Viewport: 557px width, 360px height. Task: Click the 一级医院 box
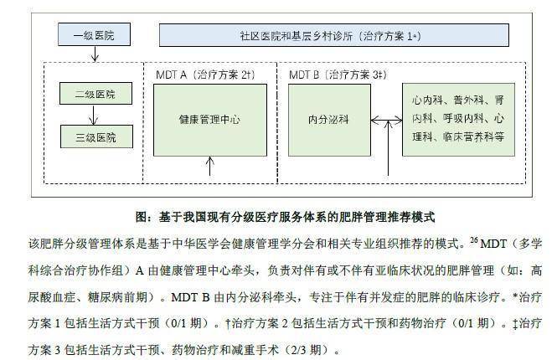[x=94, y=34]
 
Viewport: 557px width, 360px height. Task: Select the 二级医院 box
[x=95, y=94]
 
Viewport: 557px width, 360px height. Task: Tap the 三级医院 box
[x=96, y=136]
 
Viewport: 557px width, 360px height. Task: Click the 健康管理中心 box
[x=210, y=120]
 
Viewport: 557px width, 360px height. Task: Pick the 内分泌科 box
[x=329, y=120]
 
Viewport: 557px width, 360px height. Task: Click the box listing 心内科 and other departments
[x=458, y=120]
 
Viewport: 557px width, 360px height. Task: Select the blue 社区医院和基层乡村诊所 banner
[x=334, y=35]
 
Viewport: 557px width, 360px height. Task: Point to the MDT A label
[x=171, y=75]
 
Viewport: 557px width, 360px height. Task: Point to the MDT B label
[x=304, y=75]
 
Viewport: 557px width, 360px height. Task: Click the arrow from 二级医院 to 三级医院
[x=94, y=115]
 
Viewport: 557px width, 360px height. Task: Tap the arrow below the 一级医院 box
[x=95, y=54]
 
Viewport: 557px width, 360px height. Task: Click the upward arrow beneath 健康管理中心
[x=210, y=166]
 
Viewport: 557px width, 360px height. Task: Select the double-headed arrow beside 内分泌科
[x=386, y=121]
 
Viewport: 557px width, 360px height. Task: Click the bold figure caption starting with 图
[x=285, y=217]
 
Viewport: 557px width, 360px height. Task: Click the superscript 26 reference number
[x=474, y=240]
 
